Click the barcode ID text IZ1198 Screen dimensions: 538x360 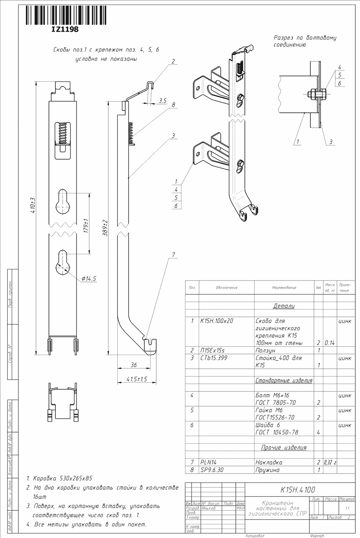(65, 30)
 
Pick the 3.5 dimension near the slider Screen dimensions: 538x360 (162, 101)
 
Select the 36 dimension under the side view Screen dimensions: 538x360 (134, 365)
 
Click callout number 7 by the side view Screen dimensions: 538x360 (173, 255)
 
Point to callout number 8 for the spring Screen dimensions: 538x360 (173, 105)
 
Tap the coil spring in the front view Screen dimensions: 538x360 (63, 133)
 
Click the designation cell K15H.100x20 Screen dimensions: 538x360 (217, 320)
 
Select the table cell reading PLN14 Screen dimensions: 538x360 (209, 462)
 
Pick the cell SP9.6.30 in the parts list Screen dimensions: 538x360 (212, 470)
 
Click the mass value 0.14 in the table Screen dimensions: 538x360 (329, 343)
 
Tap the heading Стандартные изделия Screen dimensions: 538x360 (284, 380)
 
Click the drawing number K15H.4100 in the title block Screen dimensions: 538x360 (298, 490)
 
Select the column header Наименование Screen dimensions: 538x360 (284, 288)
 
